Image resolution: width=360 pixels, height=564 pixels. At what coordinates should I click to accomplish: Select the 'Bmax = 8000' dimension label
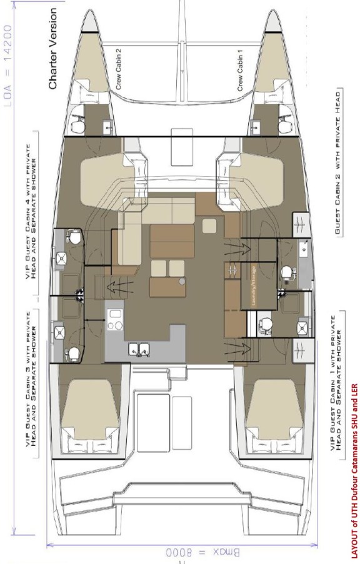click(x=182, y=552)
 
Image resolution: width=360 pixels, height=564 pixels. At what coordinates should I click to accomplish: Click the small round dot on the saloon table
click(x=182, y=282)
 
